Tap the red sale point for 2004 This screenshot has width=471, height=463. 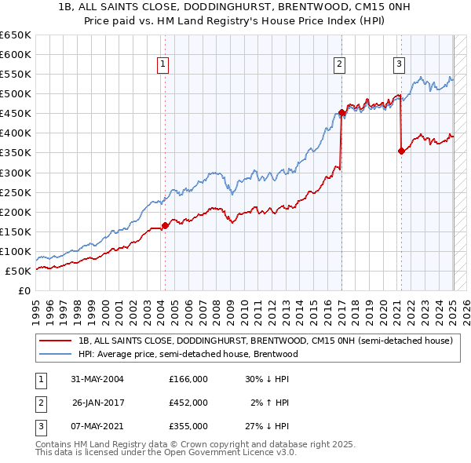coord(165,225)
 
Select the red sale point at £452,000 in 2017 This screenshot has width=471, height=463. coord(341,112)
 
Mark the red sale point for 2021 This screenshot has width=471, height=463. coord(401,151)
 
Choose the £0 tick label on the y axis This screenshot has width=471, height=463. coord(24,290)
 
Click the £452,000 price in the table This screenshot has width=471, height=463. coord(188,403)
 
